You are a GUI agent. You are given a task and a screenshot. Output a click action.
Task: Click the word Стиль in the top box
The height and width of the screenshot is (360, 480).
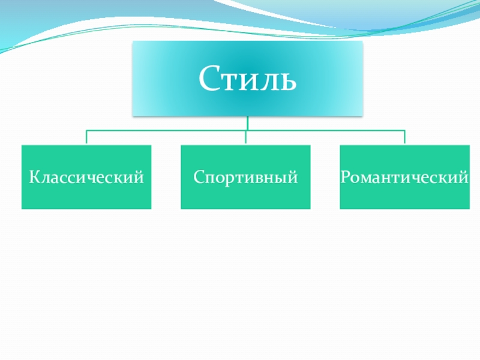[247, 79]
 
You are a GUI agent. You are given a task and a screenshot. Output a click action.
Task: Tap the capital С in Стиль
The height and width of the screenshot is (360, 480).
[208, 79]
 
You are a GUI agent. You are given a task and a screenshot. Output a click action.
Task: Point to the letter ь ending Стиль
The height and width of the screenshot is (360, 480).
[287, 81]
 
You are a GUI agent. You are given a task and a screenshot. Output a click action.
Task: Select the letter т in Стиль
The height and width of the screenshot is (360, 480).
[231, 81]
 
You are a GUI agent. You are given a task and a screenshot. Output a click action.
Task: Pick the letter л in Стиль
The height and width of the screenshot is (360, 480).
[268, 81]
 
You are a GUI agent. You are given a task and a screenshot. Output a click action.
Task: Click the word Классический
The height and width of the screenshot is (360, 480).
[86, 178]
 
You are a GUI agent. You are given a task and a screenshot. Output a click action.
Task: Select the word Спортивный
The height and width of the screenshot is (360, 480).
[245, 178]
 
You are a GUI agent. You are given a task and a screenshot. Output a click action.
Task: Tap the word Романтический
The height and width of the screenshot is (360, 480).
[404, 178]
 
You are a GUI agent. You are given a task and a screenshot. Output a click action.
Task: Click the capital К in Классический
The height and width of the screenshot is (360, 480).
[34, 178]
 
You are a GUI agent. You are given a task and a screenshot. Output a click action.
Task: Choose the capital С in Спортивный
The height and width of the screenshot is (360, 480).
[197, 178]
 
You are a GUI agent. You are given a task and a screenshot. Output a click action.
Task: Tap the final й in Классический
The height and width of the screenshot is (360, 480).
[140, 177]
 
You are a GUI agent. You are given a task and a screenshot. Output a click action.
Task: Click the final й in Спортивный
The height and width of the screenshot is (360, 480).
[294, 177]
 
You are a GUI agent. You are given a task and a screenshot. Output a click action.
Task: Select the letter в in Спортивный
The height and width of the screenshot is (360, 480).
[263, 179]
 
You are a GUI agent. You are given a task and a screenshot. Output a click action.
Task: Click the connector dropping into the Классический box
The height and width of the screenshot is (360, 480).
[86, 137]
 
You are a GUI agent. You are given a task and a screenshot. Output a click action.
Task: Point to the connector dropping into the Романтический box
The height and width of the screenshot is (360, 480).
[404, 137]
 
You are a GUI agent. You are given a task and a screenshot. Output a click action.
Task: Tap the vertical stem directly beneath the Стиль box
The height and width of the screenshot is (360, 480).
[247, 123]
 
